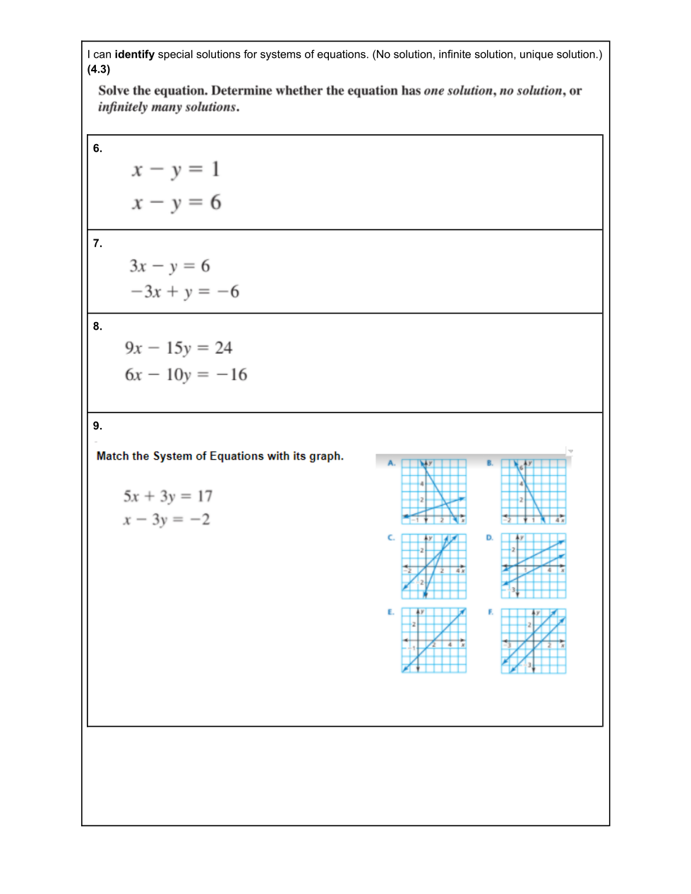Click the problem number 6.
[x=97, y=148]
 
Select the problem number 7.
[x=97, y=244]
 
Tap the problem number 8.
[x=97, y=326]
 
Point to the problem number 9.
[x=97, y=426]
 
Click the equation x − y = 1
[x=176, y=169]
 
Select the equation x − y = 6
[x=176, y=203]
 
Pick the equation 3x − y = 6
[x=169, y=266]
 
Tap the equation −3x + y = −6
[x=184, y=292]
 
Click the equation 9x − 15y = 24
[x=178, y=348]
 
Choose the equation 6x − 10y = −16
[x=186, y=375]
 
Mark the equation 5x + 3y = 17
[x=167, y=496]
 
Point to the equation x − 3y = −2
[x=166, y=520]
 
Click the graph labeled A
[x=434, y=491]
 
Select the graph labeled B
[x=534, y=491]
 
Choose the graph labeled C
[x=434, y=566]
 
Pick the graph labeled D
[x=534, y=566]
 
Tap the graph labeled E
[x=434, y=640]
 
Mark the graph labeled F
[x=534, y=640]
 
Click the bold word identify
[x=134, y=54]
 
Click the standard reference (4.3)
[x=99, y=69]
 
